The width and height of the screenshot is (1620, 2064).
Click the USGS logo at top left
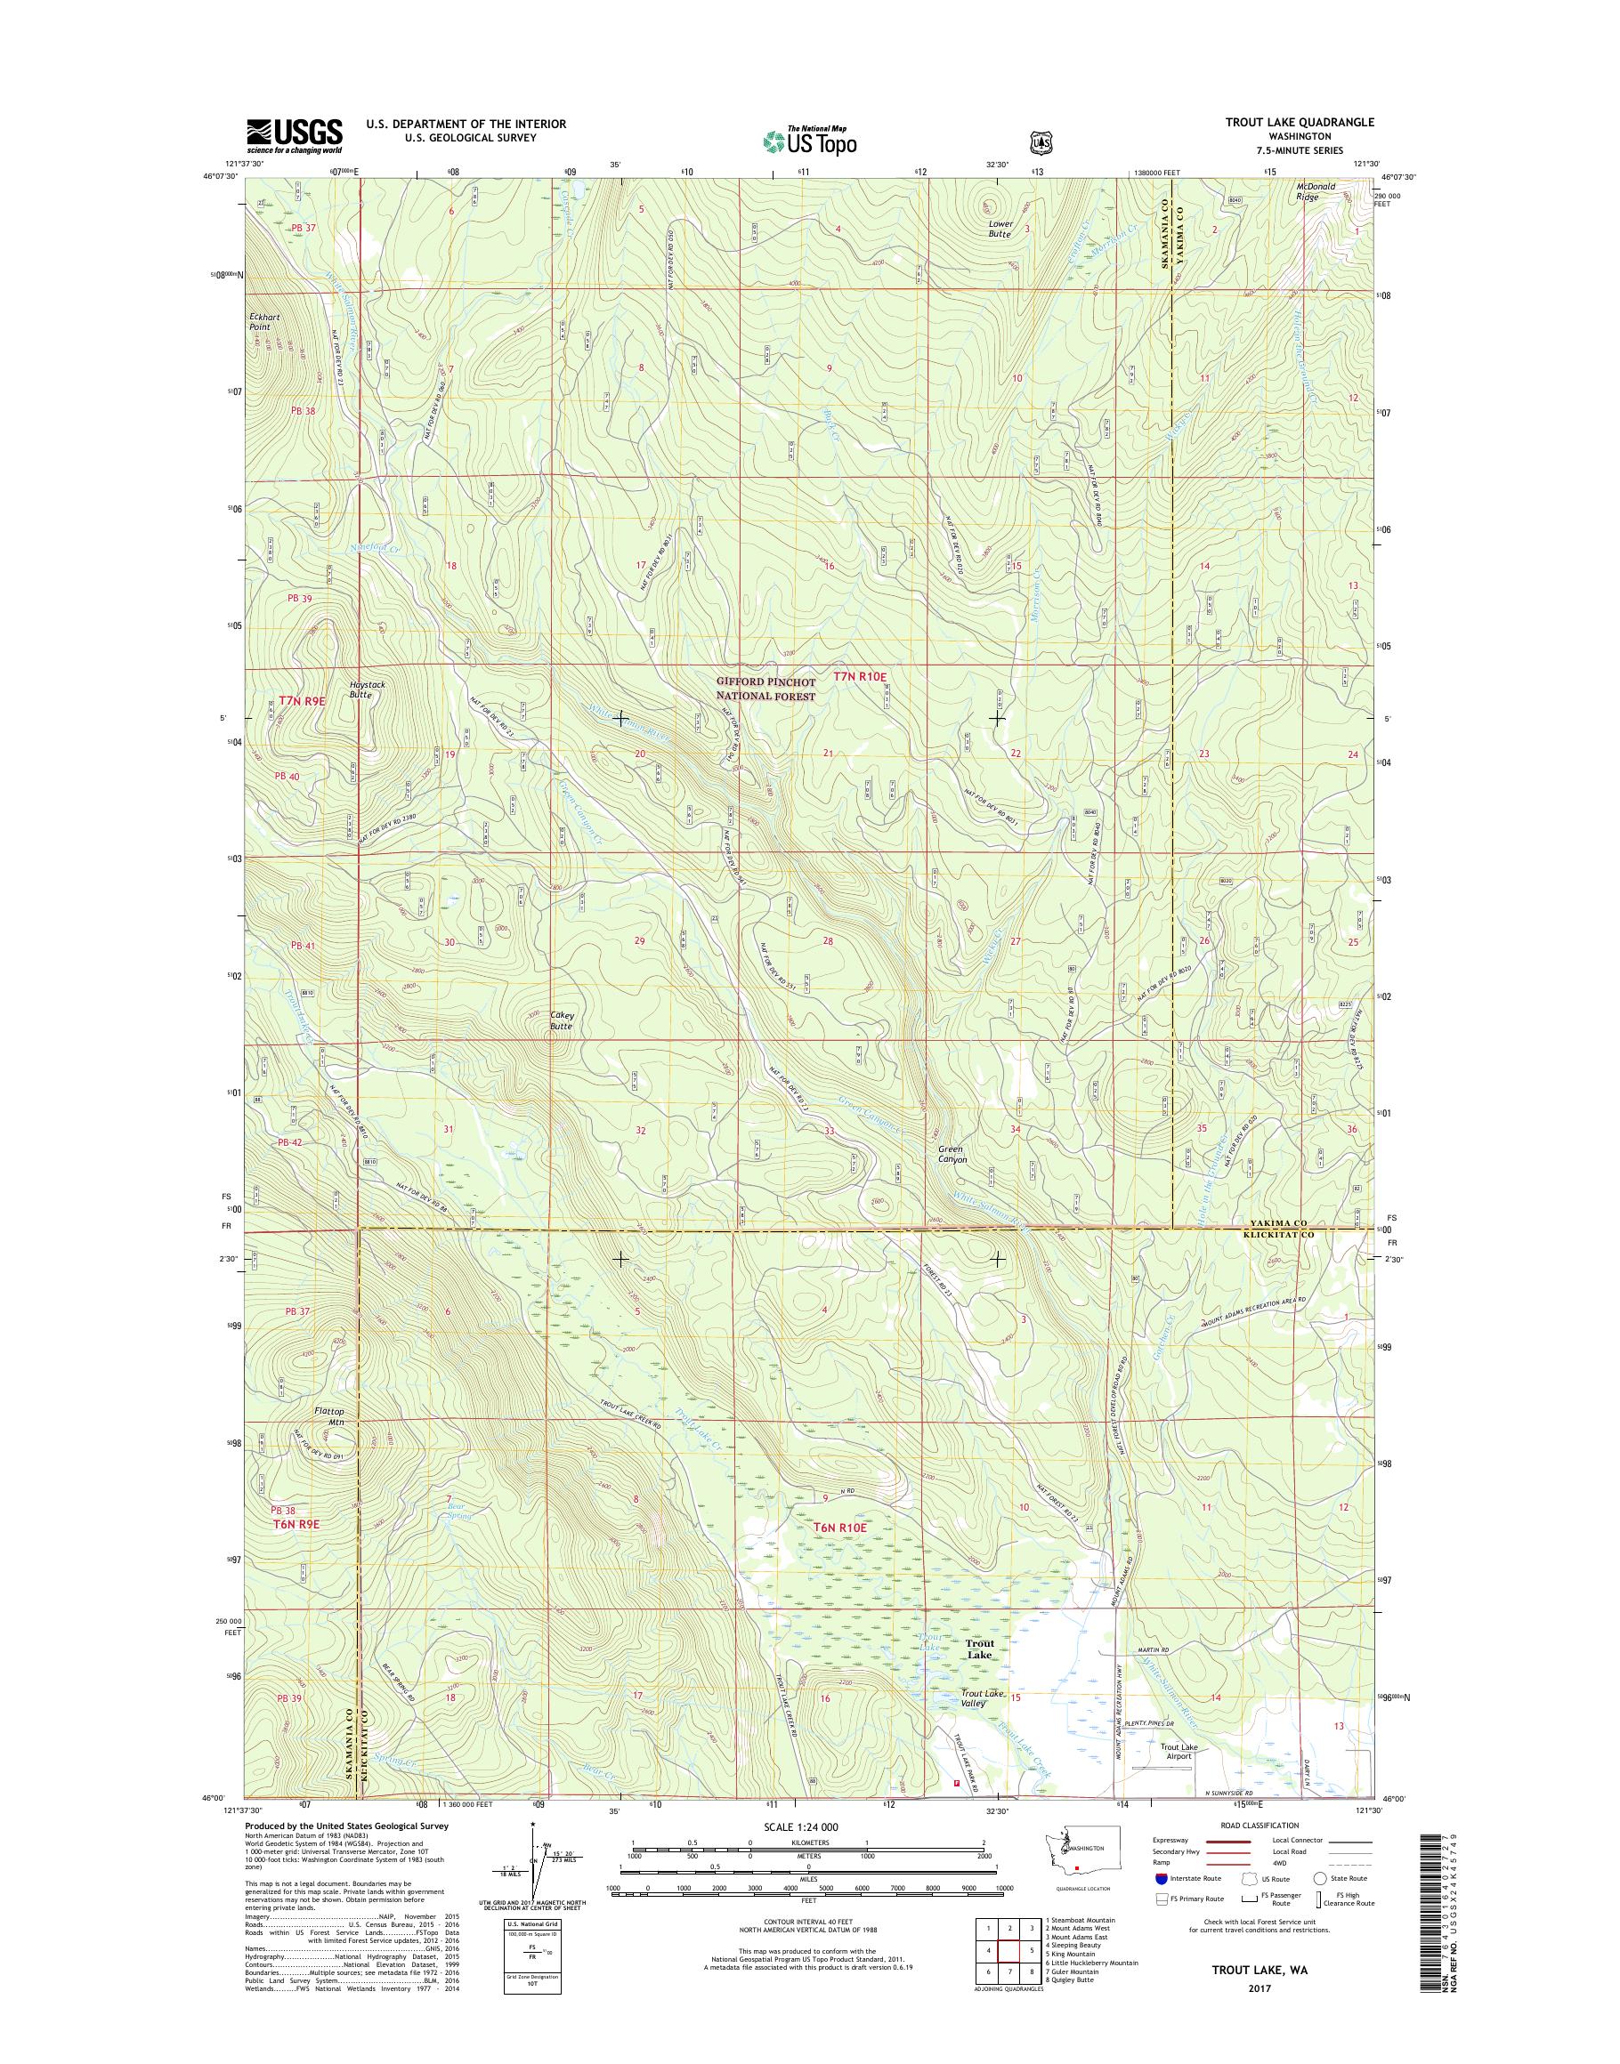coord(294,135)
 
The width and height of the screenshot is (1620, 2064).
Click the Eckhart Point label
coord(260,321)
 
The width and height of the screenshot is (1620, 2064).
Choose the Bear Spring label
coord(458,1512)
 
